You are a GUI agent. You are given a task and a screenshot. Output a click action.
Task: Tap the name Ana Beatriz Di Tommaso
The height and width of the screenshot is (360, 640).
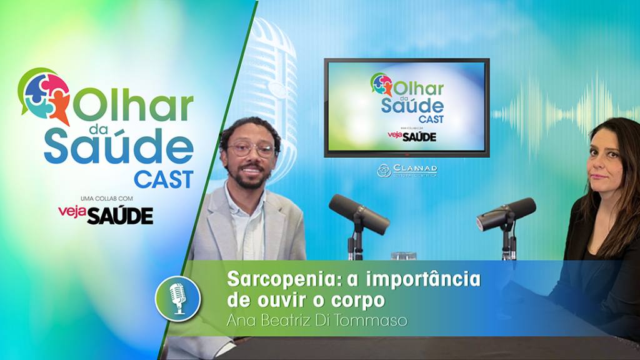click(x=317, y=321)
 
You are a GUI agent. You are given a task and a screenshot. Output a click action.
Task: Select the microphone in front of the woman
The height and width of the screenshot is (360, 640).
click(x=506, y=213)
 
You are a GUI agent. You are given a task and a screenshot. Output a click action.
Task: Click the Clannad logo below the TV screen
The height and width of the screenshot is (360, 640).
click(x=407, y=170)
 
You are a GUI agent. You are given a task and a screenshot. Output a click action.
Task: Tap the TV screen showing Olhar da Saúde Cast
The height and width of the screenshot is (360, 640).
click(x=406, y=107)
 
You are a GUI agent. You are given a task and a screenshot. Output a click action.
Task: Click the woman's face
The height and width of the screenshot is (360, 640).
click(x=604, y=165)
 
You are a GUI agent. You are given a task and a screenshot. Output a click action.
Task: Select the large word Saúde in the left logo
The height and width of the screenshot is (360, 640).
click(x=119, y=145)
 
